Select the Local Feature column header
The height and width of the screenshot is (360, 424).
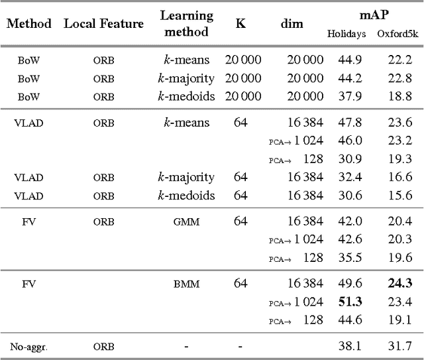click(103, 24)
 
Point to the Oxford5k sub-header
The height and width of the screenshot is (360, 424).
click(396, 33)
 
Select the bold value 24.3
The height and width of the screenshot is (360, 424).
click(399, 284)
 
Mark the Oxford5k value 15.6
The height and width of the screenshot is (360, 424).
click(399, 196)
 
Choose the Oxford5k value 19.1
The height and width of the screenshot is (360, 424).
click(399, 320)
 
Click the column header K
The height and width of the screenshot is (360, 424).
click(241, 24)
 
